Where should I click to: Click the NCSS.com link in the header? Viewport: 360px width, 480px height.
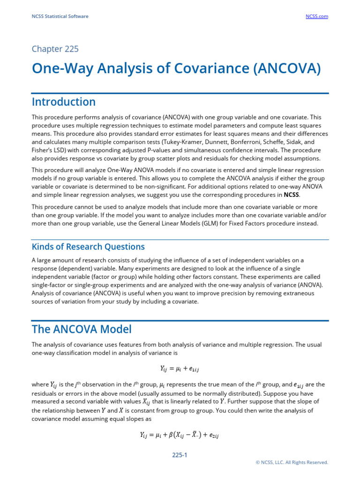317,16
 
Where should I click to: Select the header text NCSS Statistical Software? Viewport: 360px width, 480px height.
60,16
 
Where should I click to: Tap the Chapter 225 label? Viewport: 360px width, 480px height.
55,49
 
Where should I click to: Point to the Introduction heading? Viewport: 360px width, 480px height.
63,102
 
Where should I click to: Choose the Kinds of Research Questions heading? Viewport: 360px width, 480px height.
88,247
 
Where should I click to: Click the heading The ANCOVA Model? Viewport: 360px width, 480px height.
82,329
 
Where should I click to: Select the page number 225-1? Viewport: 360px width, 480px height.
180,455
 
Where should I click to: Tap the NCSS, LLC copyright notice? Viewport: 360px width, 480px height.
292,462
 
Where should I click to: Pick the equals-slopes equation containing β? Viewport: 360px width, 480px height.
180,435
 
